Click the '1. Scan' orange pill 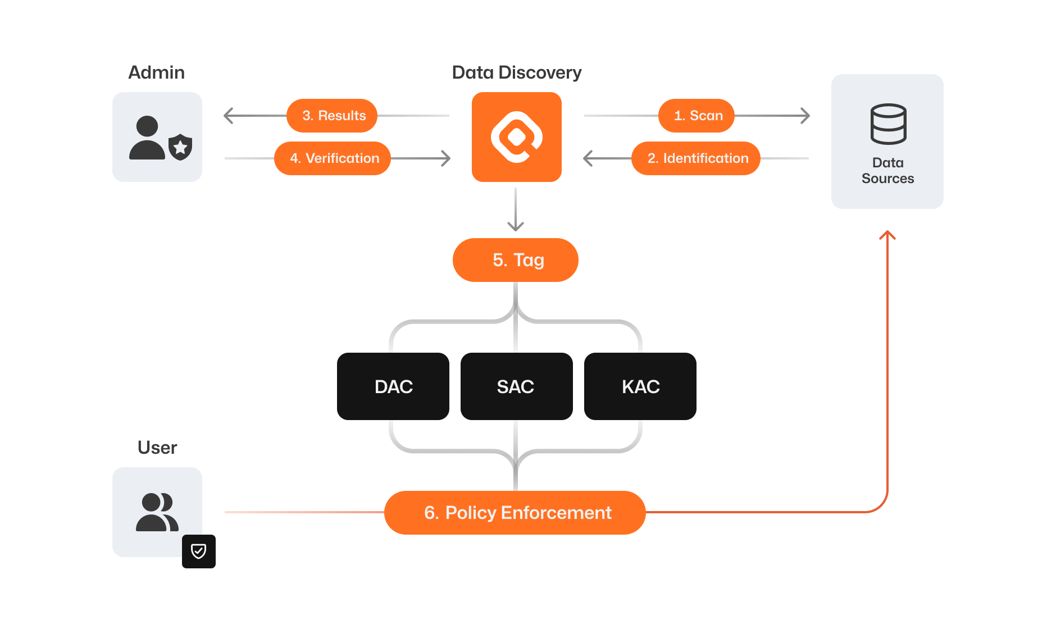[x=697, y=116]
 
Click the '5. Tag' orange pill [x=516, y=260]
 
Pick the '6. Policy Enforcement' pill [x=515, y=513]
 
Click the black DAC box [x=393, y=386]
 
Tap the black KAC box [x=640, y=386]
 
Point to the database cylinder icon [x=888, y=124]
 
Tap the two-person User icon [x=157, y=512]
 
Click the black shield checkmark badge [x=199, y=551]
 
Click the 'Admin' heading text [x=157, y=72]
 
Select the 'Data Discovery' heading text [x=517, y=72]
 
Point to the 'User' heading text [x=157, y=448]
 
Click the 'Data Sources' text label [x=887, y=171]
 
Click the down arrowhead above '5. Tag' [x=516, y=226]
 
